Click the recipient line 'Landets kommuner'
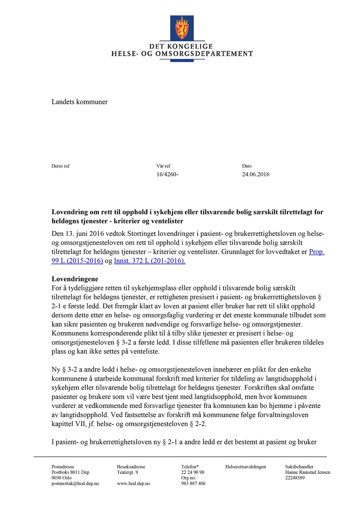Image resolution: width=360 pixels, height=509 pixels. click(x=79, y=102)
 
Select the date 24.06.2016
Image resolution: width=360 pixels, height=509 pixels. click(x=255, y=174)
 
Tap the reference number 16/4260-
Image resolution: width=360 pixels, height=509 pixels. click(x=167, y=174)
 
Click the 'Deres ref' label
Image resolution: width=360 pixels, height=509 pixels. click(x=60, y=166)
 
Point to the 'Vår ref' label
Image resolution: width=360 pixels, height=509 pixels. click(x=163, y=166)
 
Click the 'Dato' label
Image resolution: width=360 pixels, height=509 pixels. click(x=247, y=166)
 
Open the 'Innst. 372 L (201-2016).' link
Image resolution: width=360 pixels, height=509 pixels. click(x=150, y=261)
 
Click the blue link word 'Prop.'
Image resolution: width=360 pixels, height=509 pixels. click(x=316, y=252)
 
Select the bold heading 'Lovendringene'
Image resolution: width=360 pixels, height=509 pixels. click(x=75, y=279)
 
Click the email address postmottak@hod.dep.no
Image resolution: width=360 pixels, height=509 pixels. click(x=75, y=484)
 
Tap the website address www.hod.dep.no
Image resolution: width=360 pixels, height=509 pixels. click(x=133, y=484)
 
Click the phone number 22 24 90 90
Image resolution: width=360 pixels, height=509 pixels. click(x=193, y=472)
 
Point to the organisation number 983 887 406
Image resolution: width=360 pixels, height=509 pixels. click(x=193, y=484)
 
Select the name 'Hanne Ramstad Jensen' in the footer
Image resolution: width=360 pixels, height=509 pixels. click(x=307, y=472)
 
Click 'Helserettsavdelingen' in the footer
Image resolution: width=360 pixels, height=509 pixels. click(x=245, y=467)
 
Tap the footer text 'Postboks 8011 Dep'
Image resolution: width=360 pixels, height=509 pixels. click(x=70, y=472)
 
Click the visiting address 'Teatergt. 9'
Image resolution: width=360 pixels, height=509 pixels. click(x=128, y=472)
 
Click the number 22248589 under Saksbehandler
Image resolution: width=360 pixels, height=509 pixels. click(x=295, y=478)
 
